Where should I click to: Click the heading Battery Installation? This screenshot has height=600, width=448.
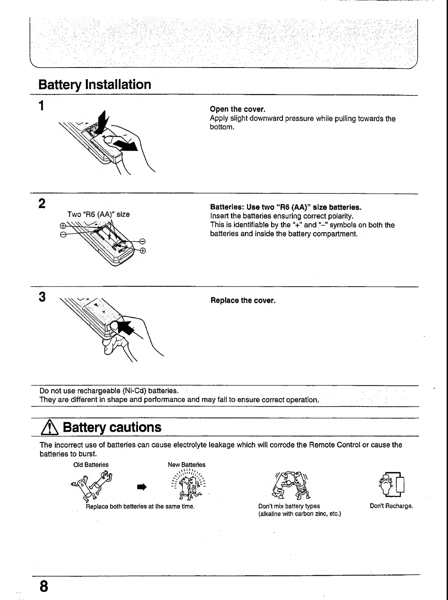[95, 85]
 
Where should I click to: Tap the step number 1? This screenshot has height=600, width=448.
[42, 106]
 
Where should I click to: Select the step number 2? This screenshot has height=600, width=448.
[42, 203]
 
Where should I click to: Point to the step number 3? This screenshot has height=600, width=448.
[42, 297]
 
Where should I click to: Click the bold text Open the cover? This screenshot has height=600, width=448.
[238, 109]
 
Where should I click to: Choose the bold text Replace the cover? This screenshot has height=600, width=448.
[243, 300]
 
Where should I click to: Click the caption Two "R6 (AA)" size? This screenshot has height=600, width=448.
[98, 214]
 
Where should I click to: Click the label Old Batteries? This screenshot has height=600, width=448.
[91, 465]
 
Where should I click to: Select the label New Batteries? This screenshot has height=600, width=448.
[187, 465]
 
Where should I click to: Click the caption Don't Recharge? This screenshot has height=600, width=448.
[391, 506]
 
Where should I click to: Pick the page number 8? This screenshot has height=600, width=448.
[44, 586]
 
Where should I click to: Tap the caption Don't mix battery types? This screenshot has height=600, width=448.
[289, 506]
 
